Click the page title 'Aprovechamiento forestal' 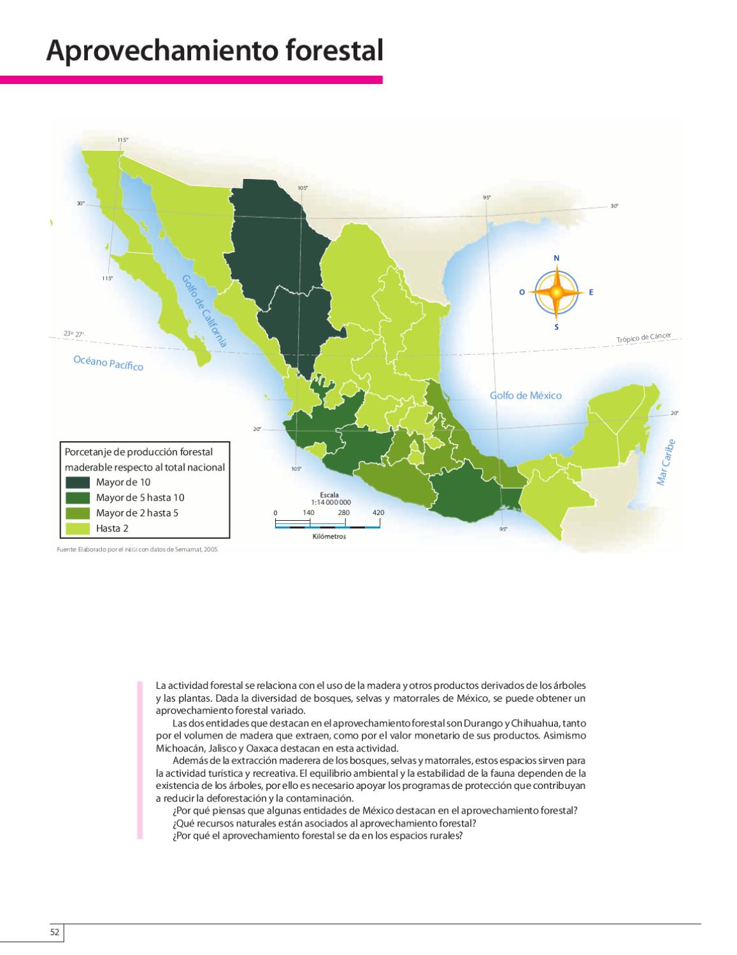tap(214, 52)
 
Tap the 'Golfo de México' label tap(526, 395)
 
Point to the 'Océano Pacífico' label tap(108, 363)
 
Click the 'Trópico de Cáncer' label tap(644, 338)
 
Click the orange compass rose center tap(556, 292)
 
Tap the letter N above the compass tap(556, 258)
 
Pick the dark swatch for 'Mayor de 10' tap(78, 482)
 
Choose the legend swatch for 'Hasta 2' tap(78, 528)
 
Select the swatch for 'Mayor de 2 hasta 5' tap(78, 513)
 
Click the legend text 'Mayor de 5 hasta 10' tap(140, 497)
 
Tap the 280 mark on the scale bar tap(344, 513)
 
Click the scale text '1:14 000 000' tap(331, 502)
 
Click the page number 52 tap(55, 932)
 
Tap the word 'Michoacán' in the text tap(176, 747)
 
